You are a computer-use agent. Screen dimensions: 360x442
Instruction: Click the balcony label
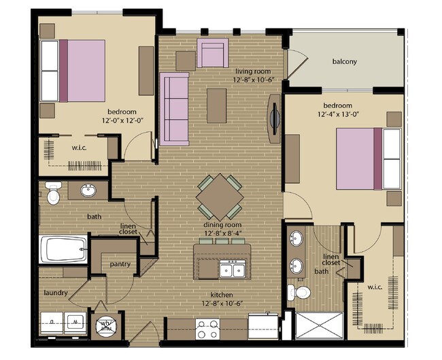click(345, 61)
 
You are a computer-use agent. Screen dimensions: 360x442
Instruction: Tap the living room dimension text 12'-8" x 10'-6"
click(254, 80)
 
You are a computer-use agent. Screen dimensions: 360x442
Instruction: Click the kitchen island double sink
click(232, 269)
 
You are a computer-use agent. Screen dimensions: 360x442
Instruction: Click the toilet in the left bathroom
click(53, 193)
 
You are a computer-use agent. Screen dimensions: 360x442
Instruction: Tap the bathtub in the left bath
click(64, 249)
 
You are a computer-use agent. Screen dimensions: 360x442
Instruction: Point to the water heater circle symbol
click(105, 325)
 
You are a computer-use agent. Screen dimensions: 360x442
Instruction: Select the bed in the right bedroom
click(368, 159)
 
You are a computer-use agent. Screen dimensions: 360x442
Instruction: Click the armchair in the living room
click(213, 53)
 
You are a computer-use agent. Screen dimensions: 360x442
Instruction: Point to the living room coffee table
click(217, 105)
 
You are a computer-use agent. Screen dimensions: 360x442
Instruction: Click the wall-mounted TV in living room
click(273, 119)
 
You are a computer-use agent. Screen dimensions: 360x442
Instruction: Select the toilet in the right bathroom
click(299, 293)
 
